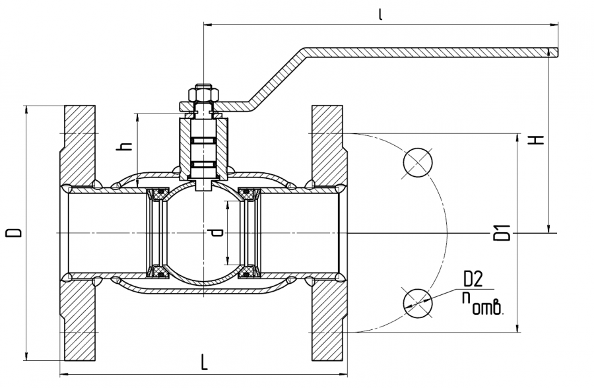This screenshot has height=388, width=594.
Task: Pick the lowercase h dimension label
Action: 123,147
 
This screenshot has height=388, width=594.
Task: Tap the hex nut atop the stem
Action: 203,94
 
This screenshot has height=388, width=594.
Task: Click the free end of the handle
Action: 553,51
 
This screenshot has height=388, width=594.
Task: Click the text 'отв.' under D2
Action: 488,307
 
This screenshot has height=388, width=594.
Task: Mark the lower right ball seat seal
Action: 248,271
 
